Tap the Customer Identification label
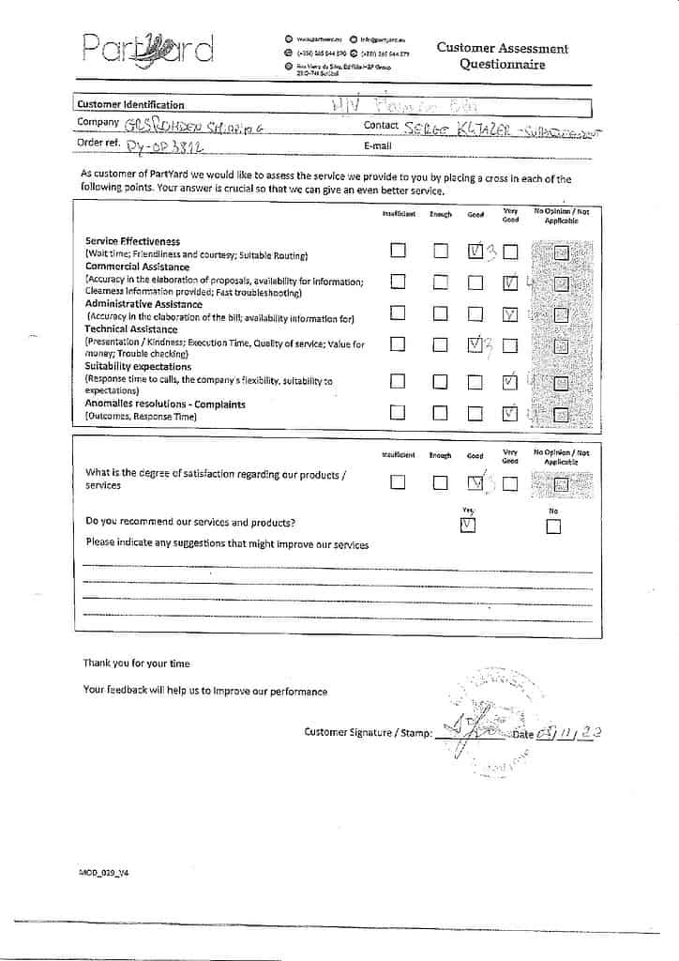tap(130, 105)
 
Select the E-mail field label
tap(377, 146)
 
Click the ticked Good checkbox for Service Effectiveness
tap(475, 251)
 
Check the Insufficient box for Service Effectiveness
tap(399, 251)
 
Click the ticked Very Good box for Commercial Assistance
tap(510, 282)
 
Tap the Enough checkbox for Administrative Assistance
tap(441, 313)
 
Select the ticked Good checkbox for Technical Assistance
tap(475, 344)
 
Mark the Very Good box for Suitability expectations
tap(510, 382)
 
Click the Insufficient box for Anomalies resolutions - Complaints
tap(399, 412)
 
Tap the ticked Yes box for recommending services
tap(469, 526)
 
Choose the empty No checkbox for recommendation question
tap(553, 526)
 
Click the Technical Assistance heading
tap(131, 329)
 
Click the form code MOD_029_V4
tap(103, 872)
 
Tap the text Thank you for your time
tap(136, 664)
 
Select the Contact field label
tap(381, 125)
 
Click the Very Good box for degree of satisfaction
tap(510, 484)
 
